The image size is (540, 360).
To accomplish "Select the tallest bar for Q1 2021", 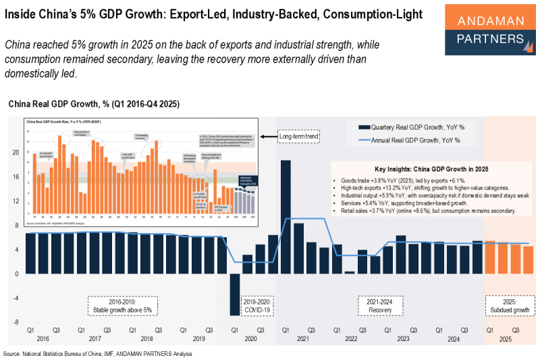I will pos(286,217).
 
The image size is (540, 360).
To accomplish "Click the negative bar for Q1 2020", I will pos(234,294).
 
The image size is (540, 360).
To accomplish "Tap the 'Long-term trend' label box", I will pos(300,137).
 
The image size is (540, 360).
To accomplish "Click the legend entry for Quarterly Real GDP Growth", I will pos(418,126).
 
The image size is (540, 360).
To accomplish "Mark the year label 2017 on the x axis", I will pos(94,339).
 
